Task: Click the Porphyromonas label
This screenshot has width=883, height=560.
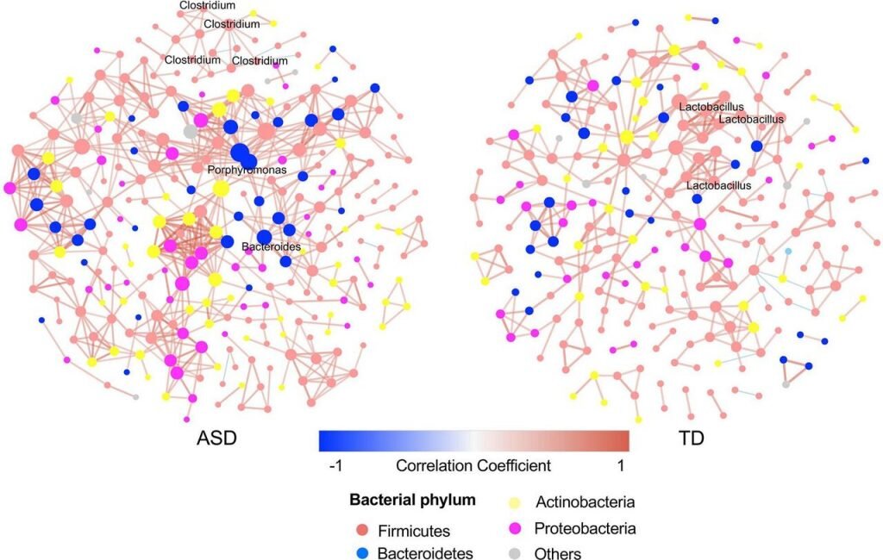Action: point(247,171)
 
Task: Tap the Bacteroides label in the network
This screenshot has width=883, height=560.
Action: point(270,247)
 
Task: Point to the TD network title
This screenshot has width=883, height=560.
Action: point(692,439)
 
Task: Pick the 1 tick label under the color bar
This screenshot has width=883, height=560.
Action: point(623,466)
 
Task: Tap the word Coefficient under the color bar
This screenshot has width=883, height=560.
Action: point(514,466)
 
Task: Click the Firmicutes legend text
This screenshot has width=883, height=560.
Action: point(414,531)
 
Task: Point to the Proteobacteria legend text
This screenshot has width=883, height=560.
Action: point(585,528)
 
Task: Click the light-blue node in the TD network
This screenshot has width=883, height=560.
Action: point(787,251)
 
